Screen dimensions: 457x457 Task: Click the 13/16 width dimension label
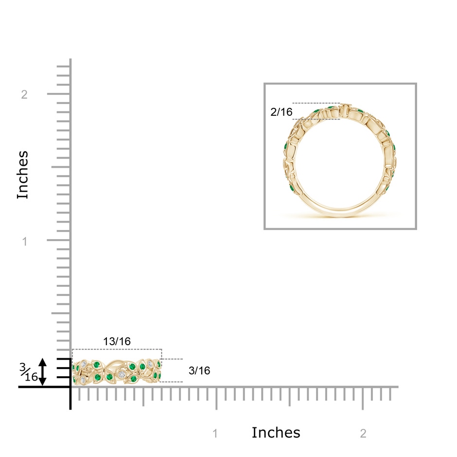(117, 341)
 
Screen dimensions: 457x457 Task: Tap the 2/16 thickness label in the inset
(281, 112)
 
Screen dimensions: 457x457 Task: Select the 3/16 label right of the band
(199, 371)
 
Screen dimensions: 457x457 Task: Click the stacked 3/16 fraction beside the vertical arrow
(29, 372)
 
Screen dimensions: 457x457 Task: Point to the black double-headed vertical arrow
(43, 372)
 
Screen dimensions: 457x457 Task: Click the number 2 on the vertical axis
(24, 94)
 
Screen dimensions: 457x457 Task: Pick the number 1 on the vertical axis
(25, 241)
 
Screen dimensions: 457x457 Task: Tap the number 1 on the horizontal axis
(215, 434)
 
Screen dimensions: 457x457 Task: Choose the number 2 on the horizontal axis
(363, 434)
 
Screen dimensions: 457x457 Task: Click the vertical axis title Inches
(23, 175)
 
